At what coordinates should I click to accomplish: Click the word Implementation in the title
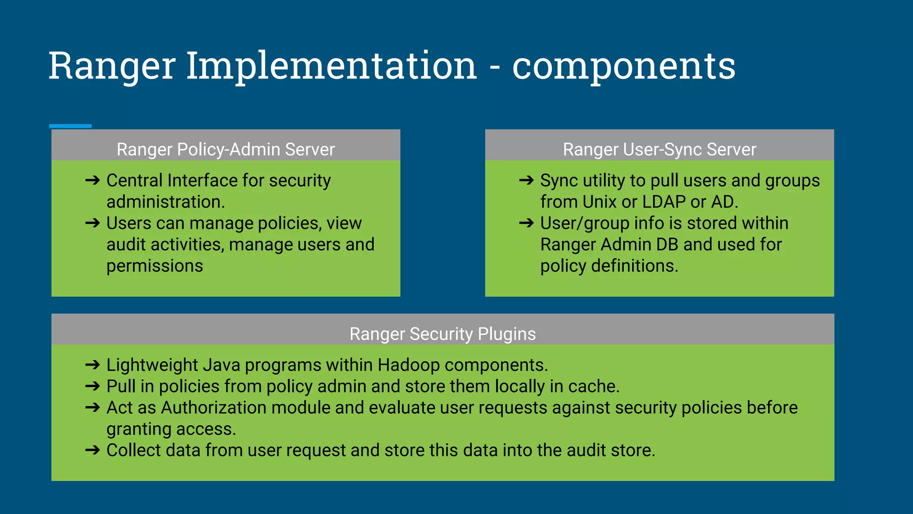pos(331,66)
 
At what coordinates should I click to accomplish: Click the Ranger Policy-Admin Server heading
pos(226,149)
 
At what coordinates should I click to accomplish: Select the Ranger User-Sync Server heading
pos(659,149)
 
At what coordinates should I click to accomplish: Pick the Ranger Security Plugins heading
pos(442,334)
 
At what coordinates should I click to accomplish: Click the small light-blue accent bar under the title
pos(70,126)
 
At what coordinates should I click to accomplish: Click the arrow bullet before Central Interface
pos(93,180)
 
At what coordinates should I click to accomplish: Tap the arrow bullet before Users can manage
pos(93,223)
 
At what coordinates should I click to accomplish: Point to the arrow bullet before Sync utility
pos(526,180)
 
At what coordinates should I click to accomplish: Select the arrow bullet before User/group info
pos(526,223)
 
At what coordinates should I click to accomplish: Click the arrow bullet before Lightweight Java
pos(93,365)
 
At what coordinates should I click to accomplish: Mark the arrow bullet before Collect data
pos(93,450)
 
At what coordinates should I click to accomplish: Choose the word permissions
pos(155,266)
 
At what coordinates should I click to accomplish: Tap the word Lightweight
pos(152,365)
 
